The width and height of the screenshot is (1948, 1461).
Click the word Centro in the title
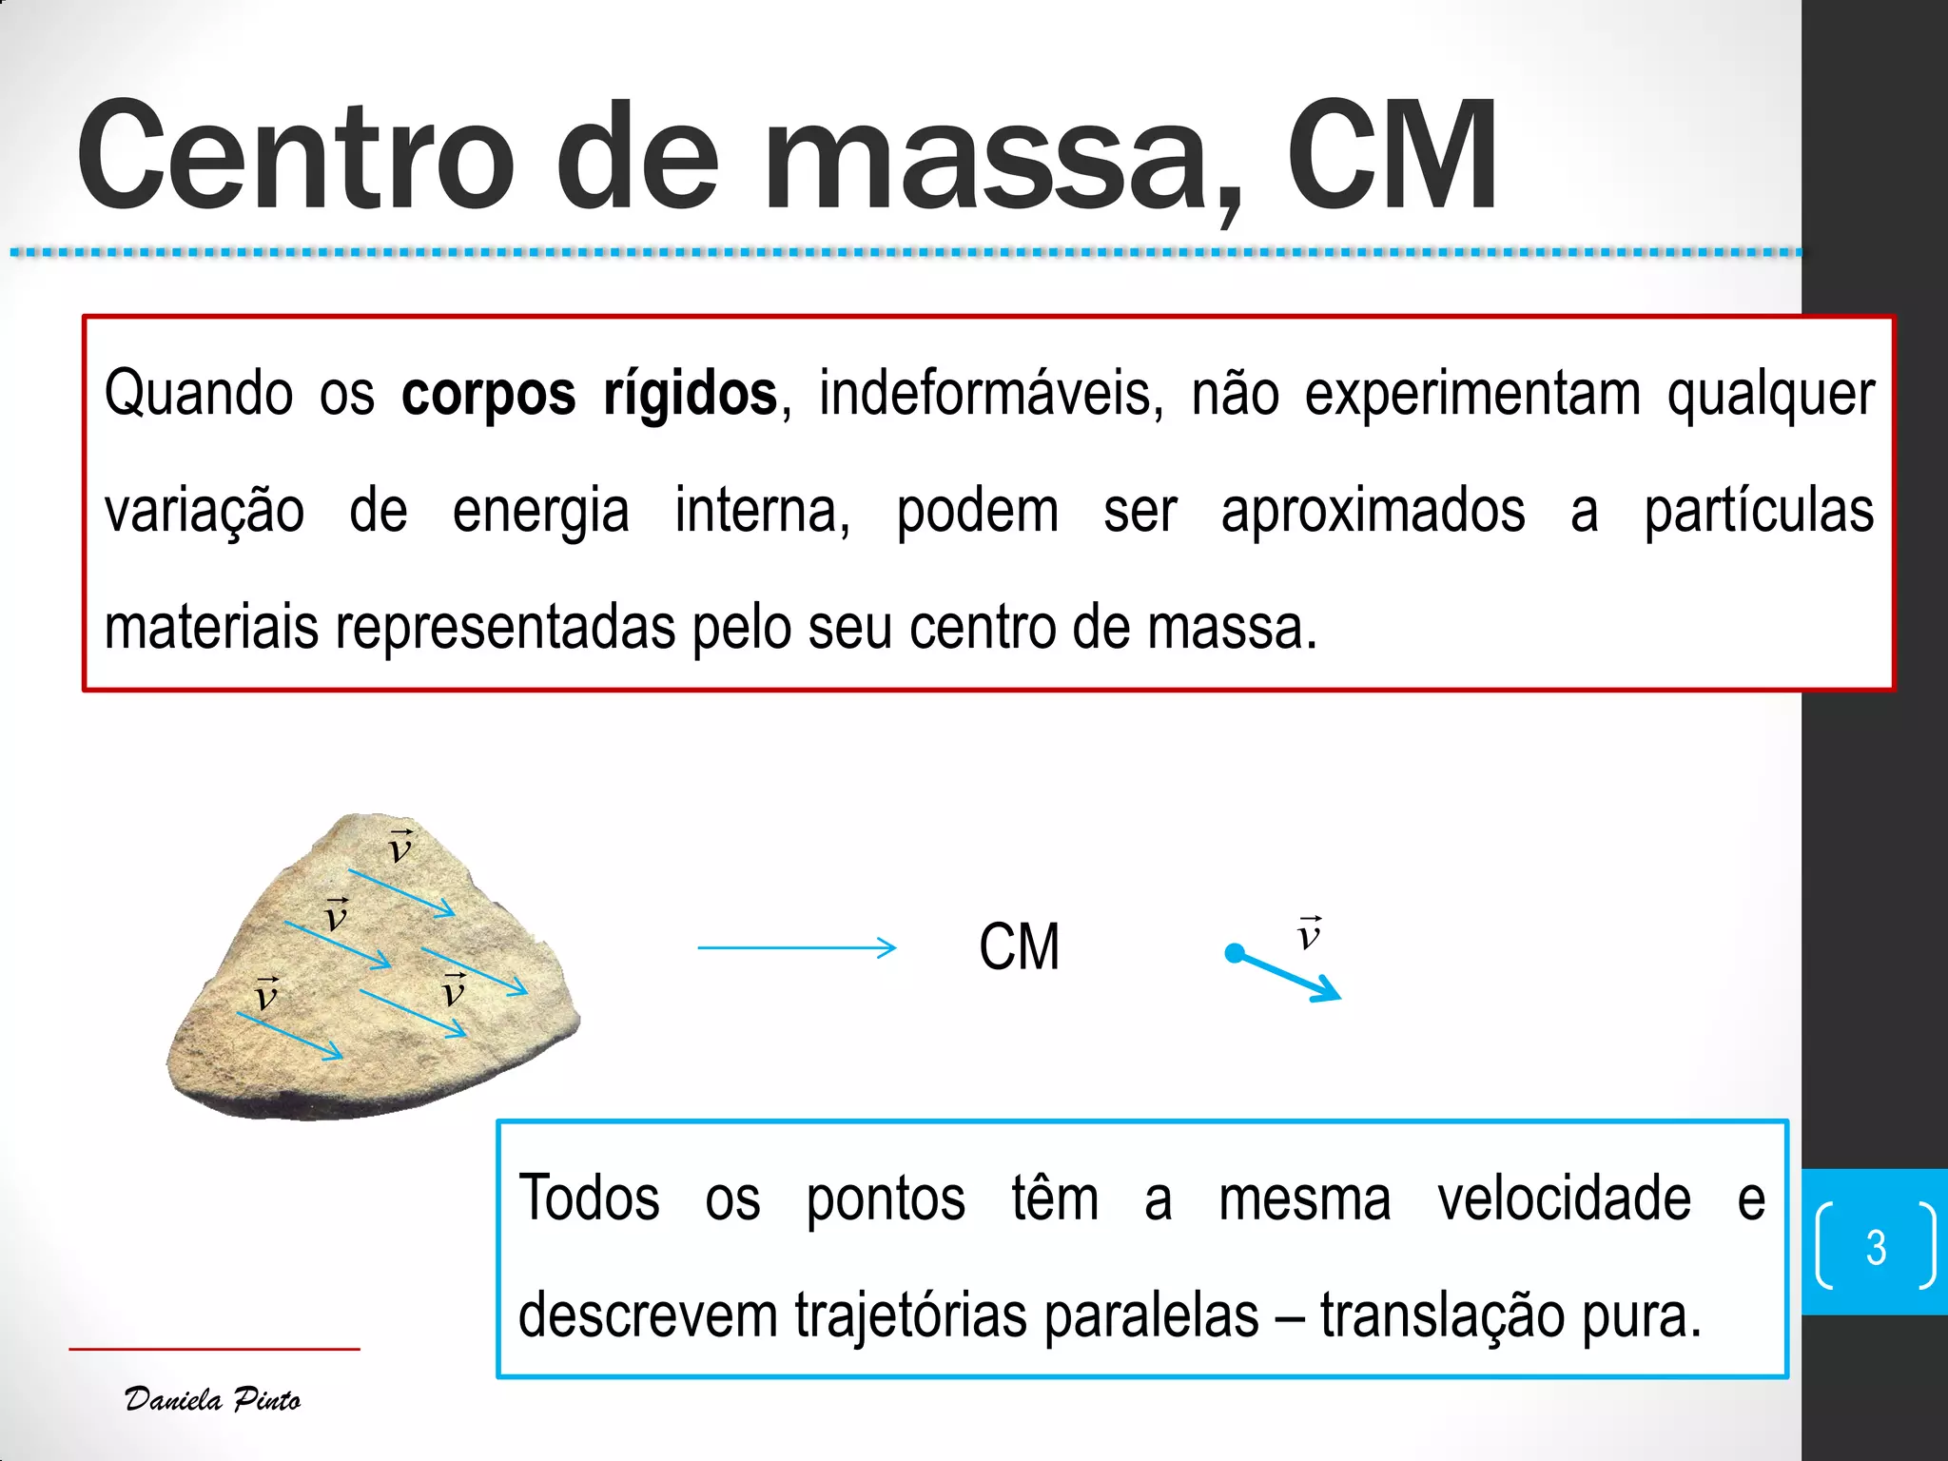pyautogui.click(x=295, y=157)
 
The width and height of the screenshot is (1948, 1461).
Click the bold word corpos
pyautogui.click(x=488, y=394)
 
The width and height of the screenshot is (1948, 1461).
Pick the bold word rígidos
pyautogui.click(x=690, y=394)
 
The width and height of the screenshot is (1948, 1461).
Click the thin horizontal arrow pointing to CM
pyautogui.click(x=796, y=947)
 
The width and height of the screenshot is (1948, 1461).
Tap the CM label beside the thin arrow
pyautogui.click(x=1019, y=947)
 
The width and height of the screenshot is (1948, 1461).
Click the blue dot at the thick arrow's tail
pyautogui.click(x=1235, y=952)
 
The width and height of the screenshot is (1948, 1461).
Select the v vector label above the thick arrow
pyautogui.click(x=1309, y=934)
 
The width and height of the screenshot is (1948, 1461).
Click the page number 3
pyautogui.click(x=1876, y=1247)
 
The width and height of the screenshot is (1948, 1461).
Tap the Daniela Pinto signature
pyautogui.click(x=213, y=1399)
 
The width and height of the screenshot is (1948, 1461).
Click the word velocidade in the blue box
pyautogui.click(x=1564, y=1198)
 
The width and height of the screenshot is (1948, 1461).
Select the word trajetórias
pyautogui.click(x=911, y=1316)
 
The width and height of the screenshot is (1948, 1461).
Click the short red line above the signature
pyautogui.click(x=214, y=1349)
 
